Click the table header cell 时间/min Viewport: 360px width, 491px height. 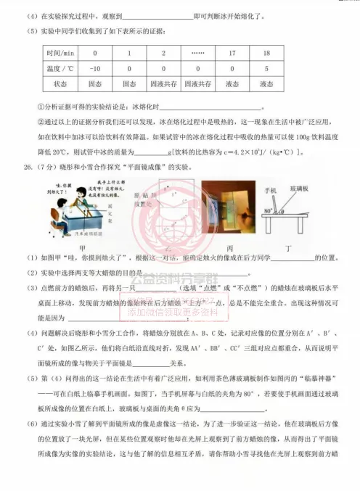click(x=60, y=53)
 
